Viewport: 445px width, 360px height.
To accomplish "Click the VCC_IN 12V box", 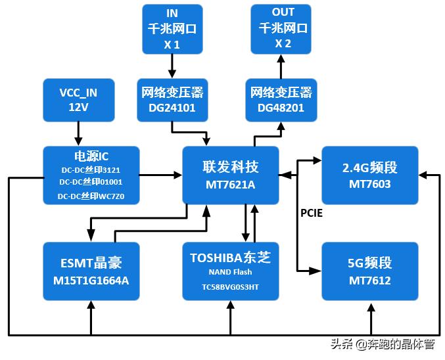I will pyautogui.click(x=78, y=99).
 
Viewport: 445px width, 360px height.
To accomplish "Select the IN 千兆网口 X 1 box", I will pyautogui.click(x=172, y=29).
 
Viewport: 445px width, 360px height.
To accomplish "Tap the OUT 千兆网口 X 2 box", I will pyautogui.click(x=283, y=29).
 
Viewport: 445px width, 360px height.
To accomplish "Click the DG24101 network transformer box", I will pyautogui.click(x=172, y=99).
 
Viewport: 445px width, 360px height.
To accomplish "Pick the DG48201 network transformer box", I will pyautogui.click(x=281, y=99).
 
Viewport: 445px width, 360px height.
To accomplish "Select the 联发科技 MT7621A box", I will pyautogui.click(x=230, y=175).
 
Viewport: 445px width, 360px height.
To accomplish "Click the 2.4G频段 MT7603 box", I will pyautogui.click(x=369, y=175).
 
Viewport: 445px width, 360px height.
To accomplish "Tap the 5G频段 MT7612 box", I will pyautogui.click(x=369, y=271).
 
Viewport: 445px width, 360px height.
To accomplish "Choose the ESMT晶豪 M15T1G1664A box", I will pyautogui.click(x=91, y=271).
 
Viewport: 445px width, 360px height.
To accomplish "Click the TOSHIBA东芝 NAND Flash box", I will pyautogui.click(x=230, y=271).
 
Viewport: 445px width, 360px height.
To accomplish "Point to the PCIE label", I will pyautogui.click(x=312, y=214).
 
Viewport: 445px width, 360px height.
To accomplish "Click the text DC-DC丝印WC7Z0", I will pyautogui.click(x=91, y=196).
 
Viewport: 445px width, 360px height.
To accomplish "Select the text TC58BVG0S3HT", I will pyautogui.click(x=230, y=287).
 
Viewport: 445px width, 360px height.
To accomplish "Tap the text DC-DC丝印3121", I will pyautogui.click(x=91, y=169).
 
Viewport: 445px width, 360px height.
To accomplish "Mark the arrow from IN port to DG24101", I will pyautogui.click(x=172, y=66).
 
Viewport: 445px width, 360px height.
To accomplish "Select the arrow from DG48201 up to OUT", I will pyautogui.click(x=281, y=66).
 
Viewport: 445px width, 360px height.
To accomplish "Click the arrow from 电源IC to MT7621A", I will pyautogui.click(x=161, y=175).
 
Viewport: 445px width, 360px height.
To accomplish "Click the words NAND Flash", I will pyautogui.click(x=230, y=272).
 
